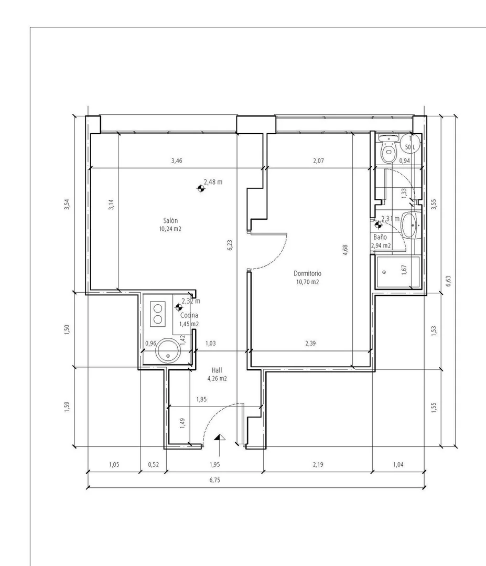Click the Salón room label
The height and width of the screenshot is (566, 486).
[x=170, y=220]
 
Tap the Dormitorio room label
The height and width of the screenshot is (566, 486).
[x=307, y=274]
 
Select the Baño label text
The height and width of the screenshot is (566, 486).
[x=380, y=237]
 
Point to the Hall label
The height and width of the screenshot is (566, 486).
[x=217, y=370]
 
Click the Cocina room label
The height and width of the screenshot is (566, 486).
[x=189, y=315]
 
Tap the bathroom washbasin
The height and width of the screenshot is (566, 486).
[x=411, y=226]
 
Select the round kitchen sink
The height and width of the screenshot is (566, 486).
[x=168, y=350]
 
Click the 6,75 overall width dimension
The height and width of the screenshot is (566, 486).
[x=214, y=480]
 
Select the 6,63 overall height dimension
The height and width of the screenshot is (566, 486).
[x=448, y=281]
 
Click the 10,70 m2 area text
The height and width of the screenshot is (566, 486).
[x=307, y=282]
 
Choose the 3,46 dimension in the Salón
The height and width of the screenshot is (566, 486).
[x=177, y=161]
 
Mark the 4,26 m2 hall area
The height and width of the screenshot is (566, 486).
[x=217, y=379]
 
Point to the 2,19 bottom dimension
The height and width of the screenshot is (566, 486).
[x=318, y=465]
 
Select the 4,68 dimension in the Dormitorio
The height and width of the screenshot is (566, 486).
[x=345, y=250]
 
